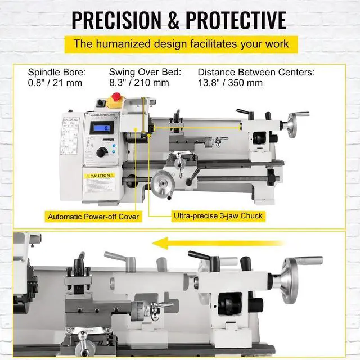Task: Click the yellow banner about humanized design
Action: (180, 43)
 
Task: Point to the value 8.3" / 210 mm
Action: (139, 83)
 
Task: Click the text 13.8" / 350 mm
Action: (230, 83)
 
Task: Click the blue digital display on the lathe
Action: (102, 128)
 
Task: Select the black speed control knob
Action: (102, 152)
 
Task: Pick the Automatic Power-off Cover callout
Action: (93, 216)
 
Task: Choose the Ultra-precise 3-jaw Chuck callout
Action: (217, 215)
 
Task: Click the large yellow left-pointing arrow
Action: (191, 244)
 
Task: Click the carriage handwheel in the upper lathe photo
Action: (160, 183)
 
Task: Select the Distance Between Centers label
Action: (255, 72)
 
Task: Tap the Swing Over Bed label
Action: (145, 72)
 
